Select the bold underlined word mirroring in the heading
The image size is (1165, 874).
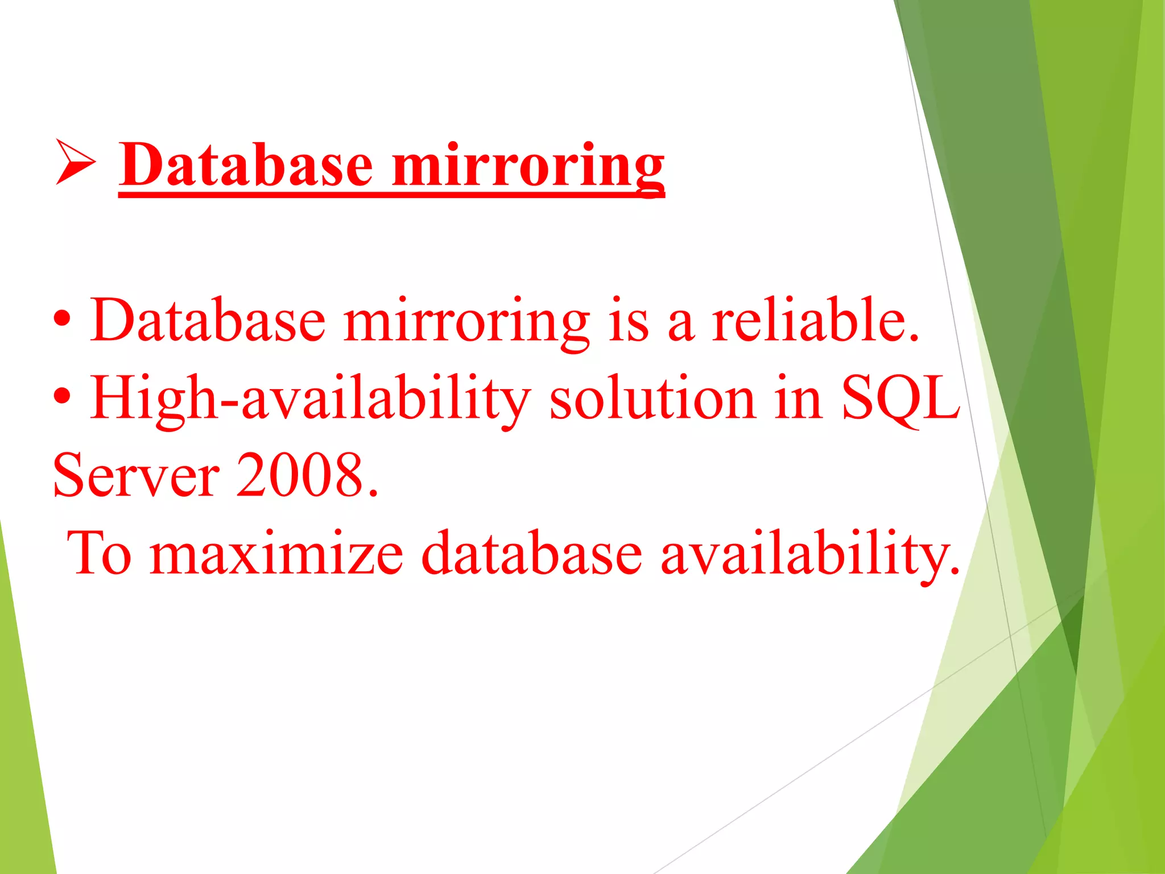pyautogui.click(x=528, y=168)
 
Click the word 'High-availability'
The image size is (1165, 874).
pyautogui.click(x=311, y=399)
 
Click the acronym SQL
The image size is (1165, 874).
pyautogui.click(x=900, y=399)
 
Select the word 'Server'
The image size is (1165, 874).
pyautogui.click(x=136, y=475)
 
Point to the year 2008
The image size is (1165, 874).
pyautogui.click(x=307, y=475)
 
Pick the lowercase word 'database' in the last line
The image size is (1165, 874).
pyautogui.click(x=531, y=552)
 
